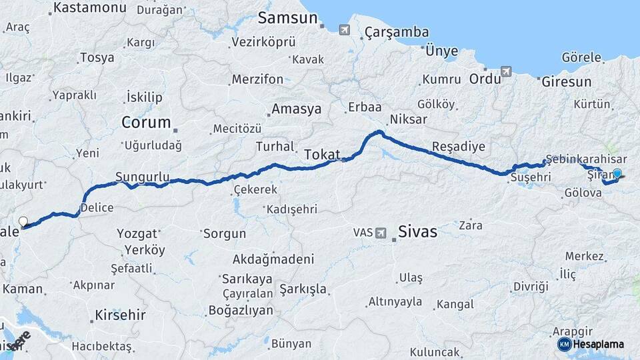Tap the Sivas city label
pyautogui.click(x=417, y=232)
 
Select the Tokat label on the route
pyautogui.click(x=322, y=155)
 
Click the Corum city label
pyautogui.click(x=142, y=123)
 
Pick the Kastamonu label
pyautogui.click(x=89, y=8)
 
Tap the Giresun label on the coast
pyautogui.click(x=566, y=82)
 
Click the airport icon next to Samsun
pyautogui.click(x=344, y=30)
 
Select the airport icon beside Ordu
pyautogui.click(x=506, y=71)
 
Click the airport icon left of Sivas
pyautogui.click(x=381, y=233)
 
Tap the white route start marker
pyautogui.click(x=23, y=221)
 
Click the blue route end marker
pyautogui.click(x=617, y=174)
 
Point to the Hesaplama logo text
pyautogui.click(x=599, y=344)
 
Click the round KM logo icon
pyautogui.click(x=564, y=344)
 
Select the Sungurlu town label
pyautogui.click(x=142, y=177)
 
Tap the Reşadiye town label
pyautogui.click(x=459, y=146)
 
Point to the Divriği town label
pyautogui.click(x=531, y=287)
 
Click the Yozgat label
pyautogui.click(x=138, y=234)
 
